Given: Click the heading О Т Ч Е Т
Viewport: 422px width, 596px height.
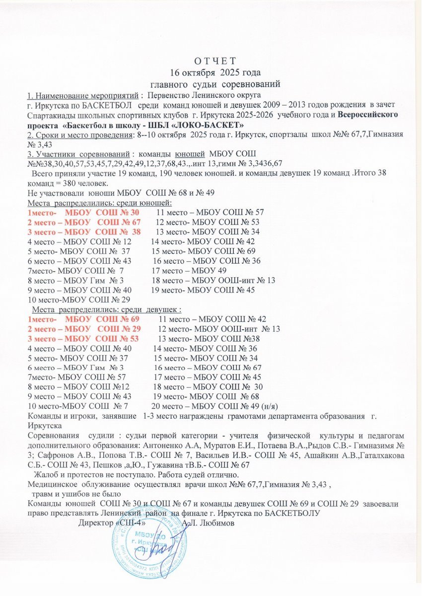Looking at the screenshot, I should coord(211,62).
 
